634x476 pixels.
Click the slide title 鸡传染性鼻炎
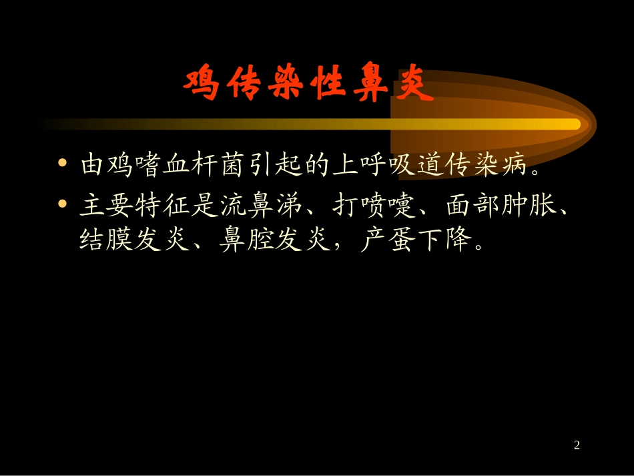pos(308,84)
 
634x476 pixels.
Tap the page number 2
pos(577,445)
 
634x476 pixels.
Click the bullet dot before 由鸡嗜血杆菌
pos(63,164)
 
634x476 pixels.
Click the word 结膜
pos(102,240)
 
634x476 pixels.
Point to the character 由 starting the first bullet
pos(91,165)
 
